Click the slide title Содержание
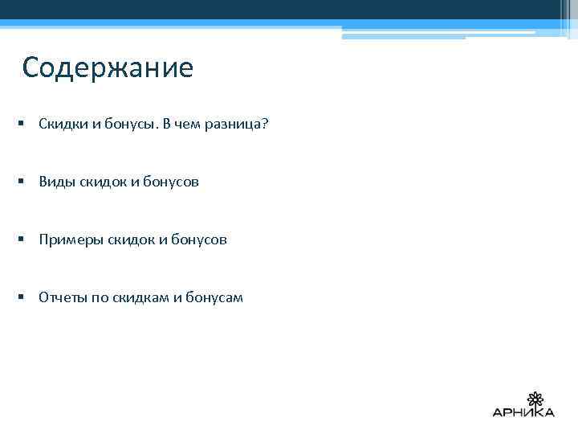pos(108,68)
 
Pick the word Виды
pos(56,182)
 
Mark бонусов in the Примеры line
pos(198,240)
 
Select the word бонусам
pos(214,298)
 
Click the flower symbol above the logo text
pos(535,399)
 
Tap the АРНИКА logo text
pos(523,413)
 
